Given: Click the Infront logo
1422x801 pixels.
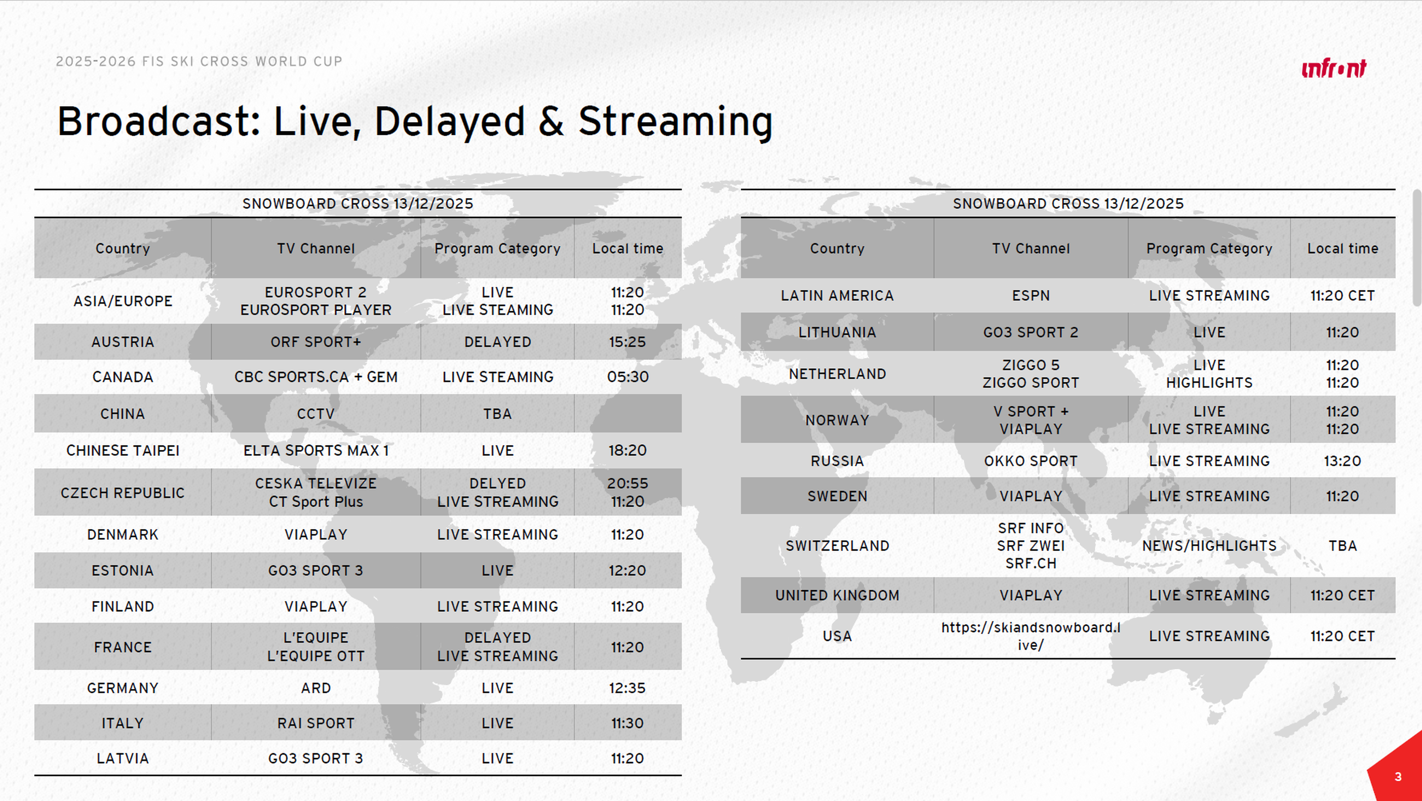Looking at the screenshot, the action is [1334, 69].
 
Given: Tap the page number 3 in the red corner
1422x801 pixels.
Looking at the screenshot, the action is [1398, 777].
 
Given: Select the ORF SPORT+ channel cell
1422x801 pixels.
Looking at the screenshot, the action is [316, 342].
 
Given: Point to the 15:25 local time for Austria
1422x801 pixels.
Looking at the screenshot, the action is [628, 342].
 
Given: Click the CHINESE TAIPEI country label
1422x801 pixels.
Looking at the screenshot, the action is [122, 450].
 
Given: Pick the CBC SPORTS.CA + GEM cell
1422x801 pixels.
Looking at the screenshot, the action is [316, 377].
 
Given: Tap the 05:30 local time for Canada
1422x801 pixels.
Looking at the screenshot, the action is [628, 377].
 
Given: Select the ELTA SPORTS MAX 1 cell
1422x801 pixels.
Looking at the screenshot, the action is [316, 450].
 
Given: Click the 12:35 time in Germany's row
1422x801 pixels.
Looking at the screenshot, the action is [628, 688].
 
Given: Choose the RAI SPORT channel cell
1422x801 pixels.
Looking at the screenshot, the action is [316, 723].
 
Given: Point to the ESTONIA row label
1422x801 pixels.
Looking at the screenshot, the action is [122, 570].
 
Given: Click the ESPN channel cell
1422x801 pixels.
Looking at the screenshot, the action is [1030, 295].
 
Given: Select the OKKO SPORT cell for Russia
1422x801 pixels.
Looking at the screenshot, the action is [1030, 461].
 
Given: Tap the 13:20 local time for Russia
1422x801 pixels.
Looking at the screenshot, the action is [1343, 461].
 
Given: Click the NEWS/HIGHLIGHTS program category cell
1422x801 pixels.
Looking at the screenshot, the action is [1209, 546].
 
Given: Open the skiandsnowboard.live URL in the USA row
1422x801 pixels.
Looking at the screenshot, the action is [1030, 636].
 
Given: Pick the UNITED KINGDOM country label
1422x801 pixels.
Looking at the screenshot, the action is [837, 595].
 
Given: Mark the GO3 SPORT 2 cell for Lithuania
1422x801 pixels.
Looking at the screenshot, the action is [1030, 332].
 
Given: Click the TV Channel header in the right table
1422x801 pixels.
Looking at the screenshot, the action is [1030, 248].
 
